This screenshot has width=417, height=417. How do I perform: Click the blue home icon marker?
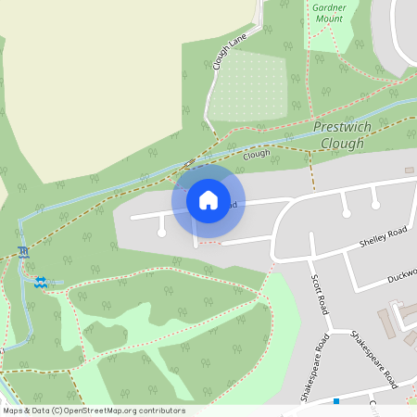pyautogui.click(x=208, y=199)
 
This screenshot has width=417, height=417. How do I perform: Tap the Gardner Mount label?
pyautogui.click(x=329, y=13)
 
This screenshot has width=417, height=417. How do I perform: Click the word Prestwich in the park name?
pyautogui.click(x=342, y=127)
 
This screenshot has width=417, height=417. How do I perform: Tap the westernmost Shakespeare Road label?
pyautogui.click(x=314, y=368)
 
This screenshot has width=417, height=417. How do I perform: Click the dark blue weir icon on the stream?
pyautogui.click(x=23, y=252)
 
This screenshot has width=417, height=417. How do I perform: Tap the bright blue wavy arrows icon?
pyautogui.click(x=41, y=281)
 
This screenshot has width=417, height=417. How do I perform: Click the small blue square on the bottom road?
pyautogui.click(x=336, y=401)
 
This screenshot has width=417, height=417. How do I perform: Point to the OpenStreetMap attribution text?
pyautogui.click(x=94, y=411)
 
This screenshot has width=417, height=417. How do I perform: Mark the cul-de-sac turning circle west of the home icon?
pyautogui.click(x=161, y=233)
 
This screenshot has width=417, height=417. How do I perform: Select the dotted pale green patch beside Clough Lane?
pyautogui.click(x=244, y=85)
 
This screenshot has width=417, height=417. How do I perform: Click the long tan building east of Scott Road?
pyautogui.click(x=386, y=323)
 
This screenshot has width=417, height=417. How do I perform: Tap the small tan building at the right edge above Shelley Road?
pyautogui.click(x=410, y=171)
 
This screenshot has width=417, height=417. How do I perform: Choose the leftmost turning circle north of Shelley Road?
pyautogui.click(x=347, y=212)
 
